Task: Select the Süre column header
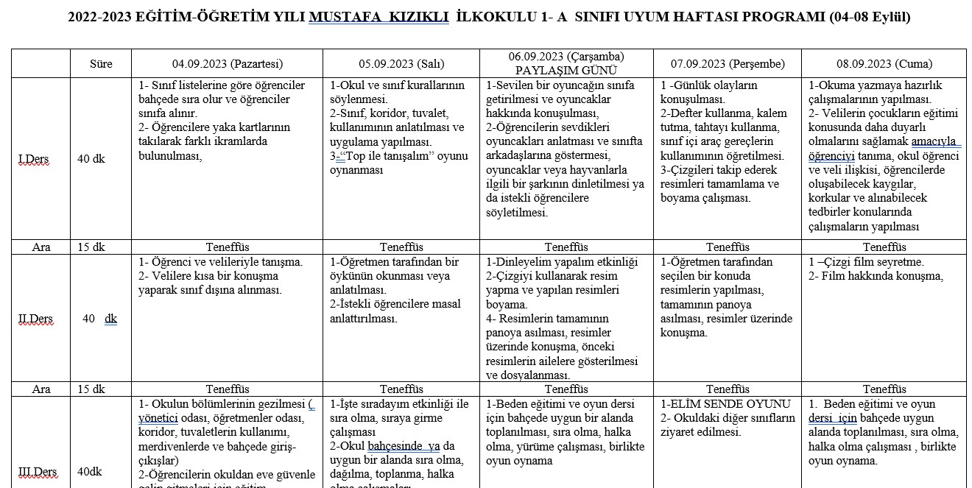pos(101,64)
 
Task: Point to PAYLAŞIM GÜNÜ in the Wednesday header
pos(566,71)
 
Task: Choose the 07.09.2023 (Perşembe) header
pos(728,64)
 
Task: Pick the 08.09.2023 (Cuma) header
pos(884,64)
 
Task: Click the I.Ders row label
pos(33,160)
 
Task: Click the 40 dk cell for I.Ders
pos(91,160)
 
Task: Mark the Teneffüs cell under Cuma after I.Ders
pos(884,247)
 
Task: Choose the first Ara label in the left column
pos(41,247)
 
